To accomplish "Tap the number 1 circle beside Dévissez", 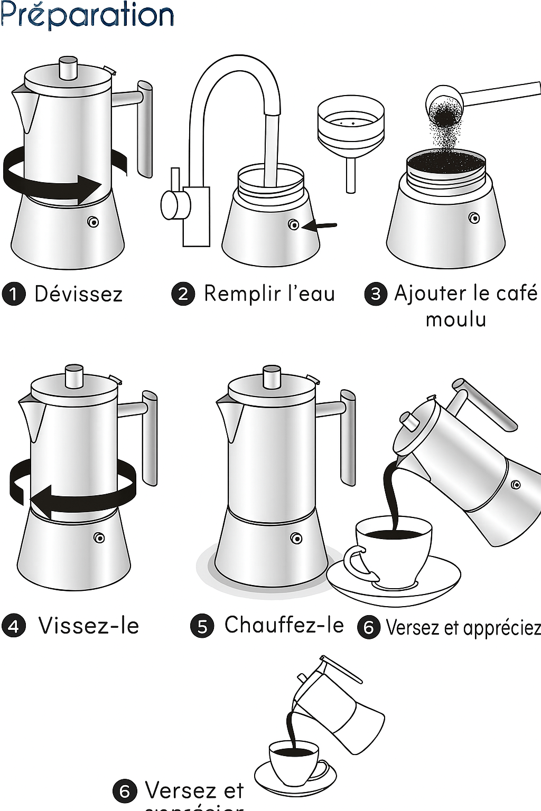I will pos(14,294).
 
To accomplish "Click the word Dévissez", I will pos(78,294).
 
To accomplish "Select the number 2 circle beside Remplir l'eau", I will pos(183,294).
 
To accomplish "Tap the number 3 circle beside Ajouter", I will pos(376,294).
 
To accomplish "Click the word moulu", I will pos(456,319).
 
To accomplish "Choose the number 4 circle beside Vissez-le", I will pos(14,627).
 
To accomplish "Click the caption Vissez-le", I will pos(89,626).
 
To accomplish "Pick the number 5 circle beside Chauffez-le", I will pos(201,627).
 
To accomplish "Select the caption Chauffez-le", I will pos(284,625).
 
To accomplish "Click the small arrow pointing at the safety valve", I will pos(321,226).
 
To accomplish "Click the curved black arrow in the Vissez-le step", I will pos(74,488).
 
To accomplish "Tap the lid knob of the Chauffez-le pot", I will pos(272,377).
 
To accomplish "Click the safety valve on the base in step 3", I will pos(474,218).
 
